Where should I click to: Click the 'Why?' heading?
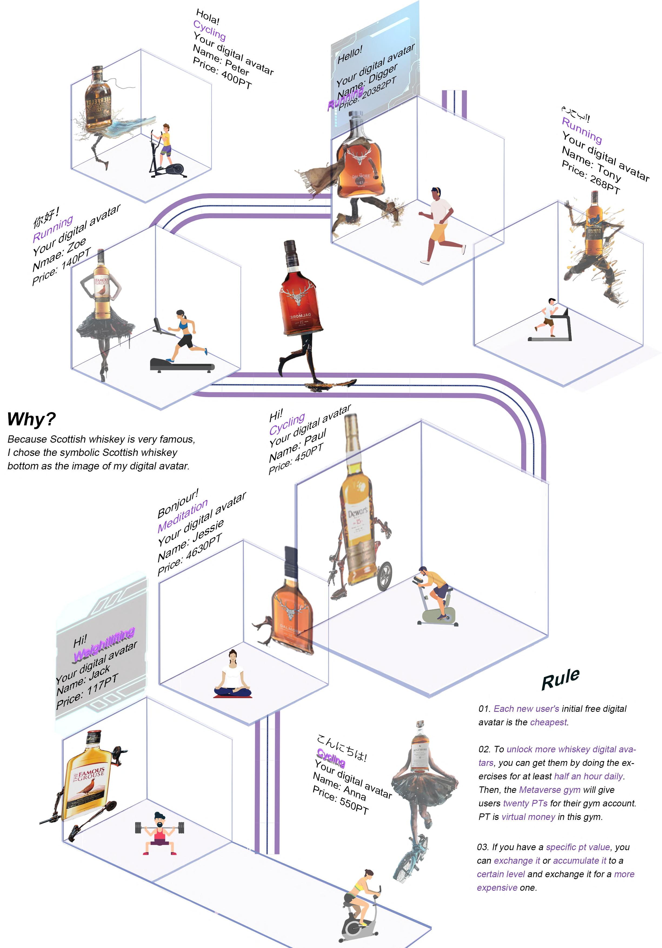(31, 419)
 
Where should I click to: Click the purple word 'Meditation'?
(182, 516)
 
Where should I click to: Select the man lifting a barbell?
(159, 833)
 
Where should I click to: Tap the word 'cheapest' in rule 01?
(548, 722)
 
